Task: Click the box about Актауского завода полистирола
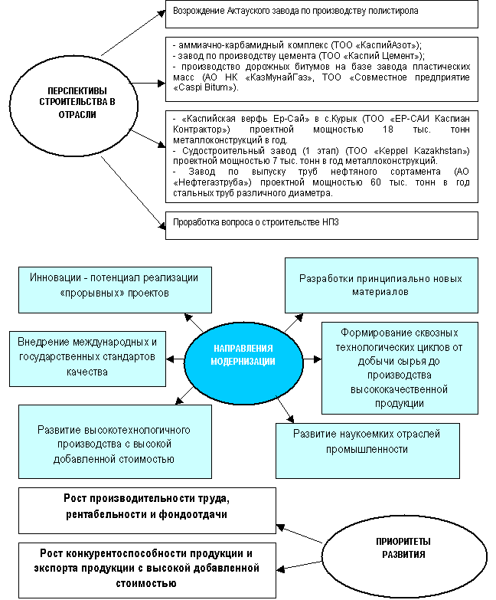(x=321, y=13)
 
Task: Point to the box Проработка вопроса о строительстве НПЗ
(x=321, y=224)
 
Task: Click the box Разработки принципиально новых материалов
(x=380, y=285)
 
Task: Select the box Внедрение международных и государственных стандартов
(x=86, y=356)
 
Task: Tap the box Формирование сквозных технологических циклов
(x=399, y=368)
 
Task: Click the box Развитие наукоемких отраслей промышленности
(x=367, y=441)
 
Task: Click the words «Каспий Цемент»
(x=390, y=55)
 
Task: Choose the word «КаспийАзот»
(x=387, y=45)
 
